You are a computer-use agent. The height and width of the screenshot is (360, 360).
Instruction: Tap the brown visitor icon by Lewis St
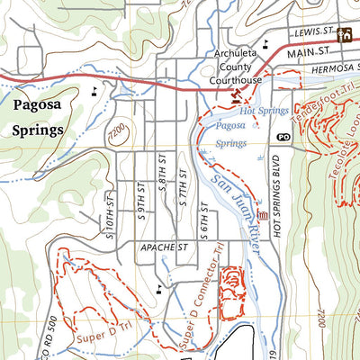tap(344, 35)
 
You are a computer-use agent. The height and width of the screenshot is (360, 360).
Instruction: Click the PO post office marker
tap(284, 137)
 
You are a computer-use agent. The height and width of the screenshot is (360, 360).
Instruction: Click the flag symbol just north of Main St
tap(265, 42)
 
